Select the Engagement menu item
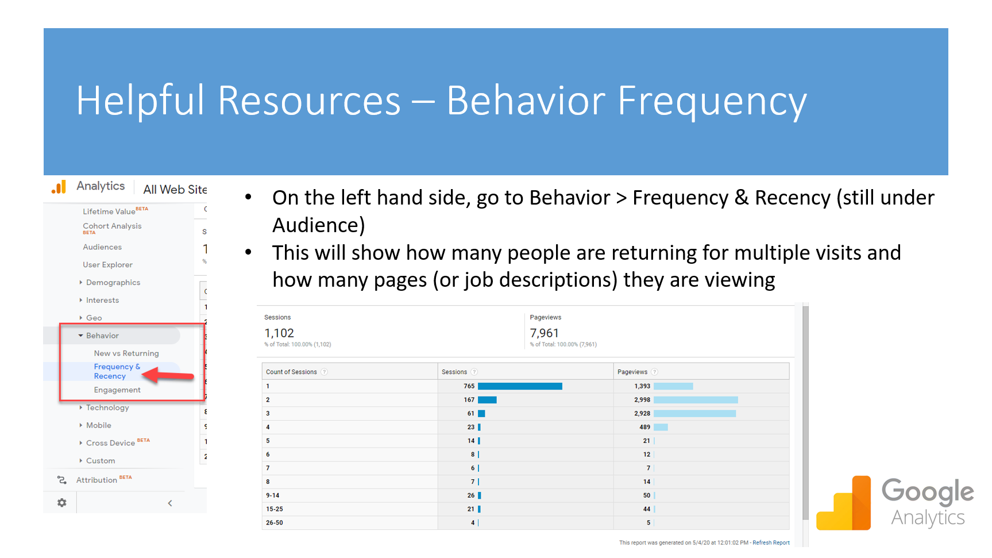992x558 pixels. tap(117, 390)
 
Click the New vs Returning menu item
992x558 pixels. tap(126, 353)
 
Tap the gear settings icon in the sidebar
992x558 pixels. tap(62, 503)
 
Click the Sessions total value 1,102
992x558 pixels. tap(279, 333)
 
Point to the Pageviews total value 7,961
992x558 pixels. tap(544, 333)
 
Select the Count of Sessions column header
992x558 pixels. tap(291, 372)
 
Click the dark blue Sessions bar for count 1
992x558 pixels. tap(520, 386)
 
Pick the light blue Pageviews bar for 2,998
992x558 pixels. tap(696, 400)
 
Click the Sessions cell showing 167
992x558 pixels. tap(469, 400)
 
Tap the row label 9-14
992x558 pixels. tap(273, 495)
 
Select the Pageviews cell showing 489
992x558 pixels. tap(644, 427)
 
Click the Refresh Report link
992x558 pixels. tap(771, 542)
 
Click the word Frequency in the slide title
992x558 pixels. tap(712, 101)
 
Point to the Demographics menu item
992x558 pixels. tap(113, 283)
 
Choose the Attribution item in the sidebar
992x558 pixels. tap(97, 480)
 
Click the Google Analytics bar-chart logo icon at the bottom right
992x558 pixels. tap(844, 503)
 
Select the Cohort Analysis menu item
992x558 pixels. tap(112, 226)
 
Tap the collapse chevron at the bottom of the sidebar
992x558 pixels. tap(170, 503)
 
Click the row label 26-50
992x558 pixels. tap(275, 523)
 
